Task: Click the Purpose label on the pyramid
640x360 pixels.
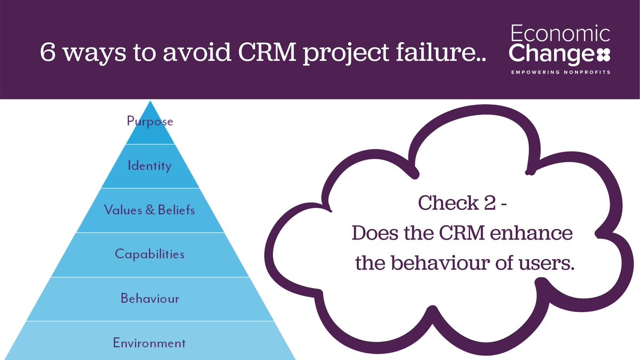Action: pyautogui.click(x=150, y=122)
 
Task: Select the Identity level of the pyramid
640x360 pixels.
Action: pyautogui.click(x=150, y=166)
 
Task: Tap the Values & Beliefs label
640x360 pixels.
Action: pyautogui.click(x=150, y=210)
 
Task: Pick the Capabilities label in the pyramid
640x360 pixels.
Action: pyautogui.click(x=150, y=254)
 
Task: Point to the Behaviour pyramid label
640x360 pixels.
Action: pyautogui.click(x=150, y=298)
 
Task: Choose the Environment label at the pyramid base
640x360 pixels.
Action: pyautogui.click(x=150, y=342)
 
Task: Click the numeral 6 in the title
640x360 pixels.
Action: pyautogui.click(x=49, y=53)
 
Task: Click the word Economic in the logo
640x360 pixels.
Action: pyautogui.click(x=560, y=35)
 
